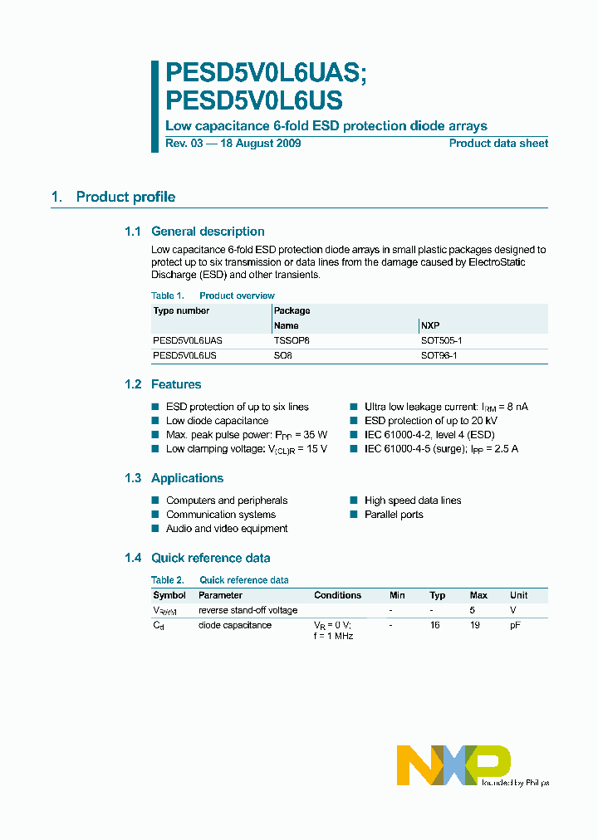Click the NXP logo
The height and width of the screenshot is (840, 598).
coord(453,764)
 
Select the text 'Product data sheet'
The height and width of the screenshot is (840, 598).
coord(498,144)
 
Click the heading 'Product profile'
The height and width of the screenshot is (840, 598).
coord(125,197)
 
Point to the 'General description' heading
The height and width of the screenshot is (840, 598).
coord(208,232)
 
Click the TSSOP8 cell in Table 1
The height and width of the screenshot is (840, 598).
coord(292,340)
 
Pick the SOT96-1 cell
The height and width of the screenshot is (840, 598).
coord(439,355)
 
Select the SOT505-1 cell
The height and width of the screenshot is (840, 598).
coord(442,340)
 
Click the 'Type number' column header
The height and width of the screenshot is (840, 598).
coord(181,310)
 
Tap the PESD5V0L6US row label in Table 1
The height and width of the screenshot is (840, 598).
coord(184,355)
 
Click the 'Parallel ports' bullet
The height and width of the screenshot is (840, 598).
coord(394,515)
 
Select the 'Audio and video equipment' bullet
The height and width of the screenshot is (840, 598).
coord(227,529)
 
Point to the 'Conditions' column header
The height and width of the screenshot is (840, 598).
coord(337,595)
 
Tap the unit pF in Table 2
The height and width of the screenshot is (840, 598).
coord(516,625)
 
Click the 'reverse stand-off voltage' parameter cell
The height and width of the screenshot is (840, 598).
coord(248,610)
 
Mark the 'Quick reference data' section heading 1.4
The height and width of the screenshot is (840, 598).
coord(210,558)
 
